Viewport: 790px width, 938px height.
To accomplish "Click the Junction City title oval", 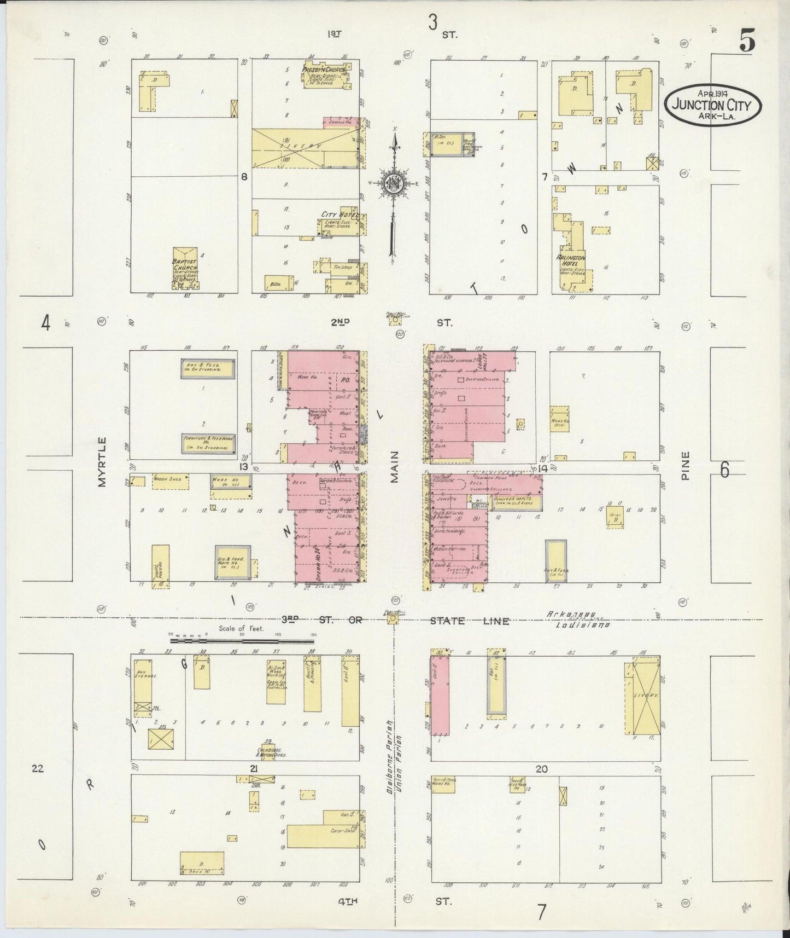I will click(713, 102).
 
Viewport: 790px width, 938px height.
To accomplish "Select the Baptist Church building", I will click(185, 271).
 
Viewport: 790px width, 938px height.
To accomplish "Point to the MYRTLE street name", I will click(102, 461).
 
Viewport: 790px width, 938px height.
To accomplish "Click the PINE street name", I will click(686, 465).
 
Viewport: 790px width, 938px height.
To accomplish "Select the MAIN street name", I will click(394, 467).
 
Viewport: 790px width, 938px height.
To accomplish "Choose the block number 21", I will click(253, 769).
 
